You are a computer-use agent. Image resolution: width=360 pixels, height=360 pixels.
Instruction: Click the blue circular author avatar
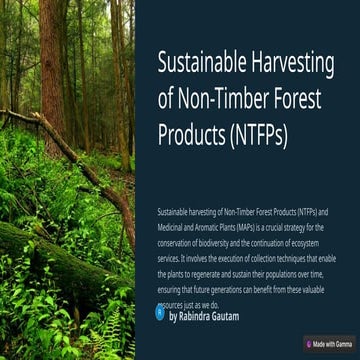pyautogui.click(x=160, y=312)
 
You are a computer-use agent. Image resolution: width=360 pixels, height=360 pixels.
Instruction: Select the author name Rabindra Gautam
pyautogui.click(x=211, y=314)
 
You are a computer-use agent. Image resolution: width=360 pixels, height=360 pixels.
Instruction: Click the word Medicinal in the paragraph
pyautogui.click(x=172, y=228)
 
